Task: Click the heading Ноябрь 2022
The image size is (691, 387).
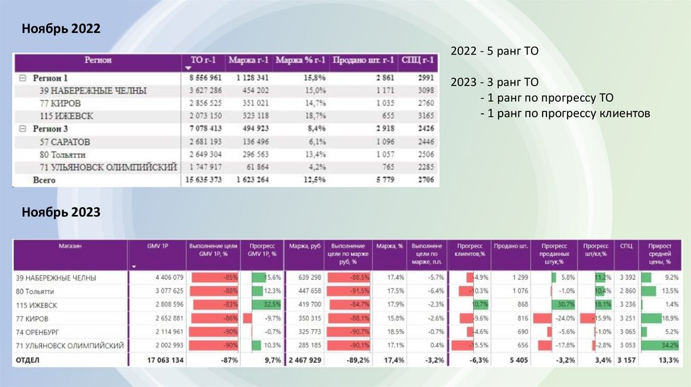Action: coord(61,29)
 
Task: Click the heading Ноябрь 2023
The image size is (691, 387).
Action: coord(61,212)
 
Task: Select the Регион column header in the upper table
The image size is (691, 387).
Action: coord(98,61)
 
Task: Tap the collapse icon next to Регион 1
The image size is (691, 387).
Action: coord(22,78)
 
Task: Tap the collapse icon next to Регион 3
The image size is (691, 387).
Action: coord(22,129)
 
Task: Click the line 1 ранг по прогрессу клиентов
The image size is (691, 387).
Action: coord(565,114)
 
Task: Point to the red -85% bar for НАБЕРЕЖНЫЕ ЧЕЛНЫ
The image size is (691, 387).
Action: coord(216,278)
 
